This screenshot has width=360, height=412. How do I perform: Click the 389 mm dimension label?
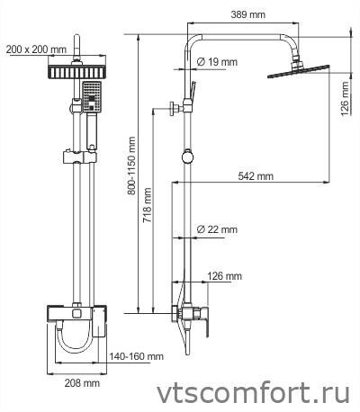coord(247,14)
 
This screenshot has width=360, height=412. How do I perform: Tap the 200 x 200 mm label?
coord(36,49)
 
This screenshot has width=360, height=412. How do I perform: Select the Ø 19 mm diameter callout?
coord(217,62)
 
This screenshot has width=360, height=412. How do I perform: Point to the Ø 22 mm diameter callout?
coord(217,229)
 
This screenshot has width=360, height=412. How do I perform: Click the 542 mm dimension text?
coord(256,176)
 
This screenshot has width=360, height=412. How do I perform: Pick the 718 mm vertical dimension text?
coord(147,205)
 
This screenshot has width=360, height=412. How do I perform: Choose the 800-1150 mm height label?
coord(131,166)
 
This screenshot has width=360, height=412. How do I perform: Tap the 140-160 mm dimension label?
coord(136,356)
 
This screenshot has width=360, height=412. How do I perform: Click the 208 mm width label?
coord(82,382)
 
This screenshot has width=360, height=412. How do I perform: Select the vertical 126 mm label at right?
coord(345,99)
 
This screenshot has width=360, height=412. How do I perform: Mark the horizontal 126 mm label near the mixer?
coord(224,276)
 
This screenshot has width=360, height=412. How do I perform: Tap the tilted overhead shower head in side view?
coord(299,71)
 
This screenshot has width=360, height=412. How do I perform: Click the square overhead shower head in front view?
coord(76,72)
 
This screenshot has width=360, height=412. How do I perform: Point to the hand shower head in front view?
coord(93,97)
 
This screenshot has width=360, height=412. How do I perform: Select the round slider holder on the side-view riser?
coord(187,157)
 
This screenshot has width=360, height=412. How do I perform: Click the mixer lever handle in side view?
coord(207,322)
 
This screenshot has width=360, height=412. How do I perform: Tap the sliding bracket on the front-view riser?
coord(79,157)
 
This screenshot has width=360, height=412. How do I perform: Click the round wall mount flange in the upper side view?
coord(174,108)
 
